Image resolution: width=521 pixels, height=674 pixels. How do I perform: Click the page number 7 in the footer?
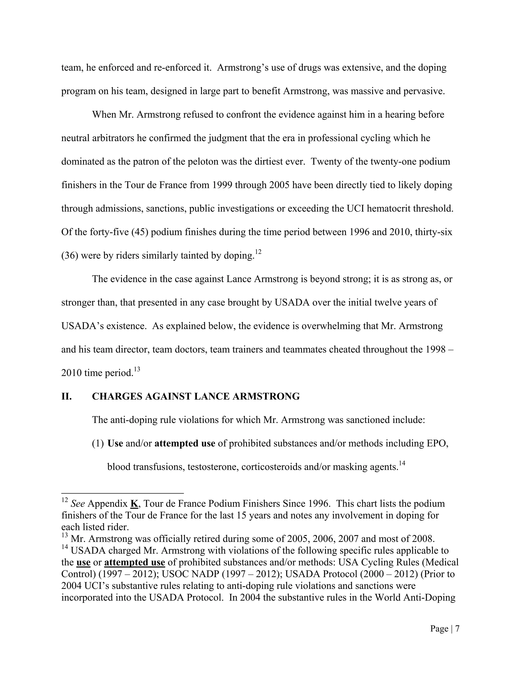click(x=457, y=629)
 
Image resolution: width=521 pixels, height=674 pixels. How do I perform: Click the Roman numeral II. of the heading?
click(x=66, y=396)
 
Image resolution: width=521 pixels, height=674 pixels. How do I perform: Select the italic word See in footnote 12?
click(x=78, y=504)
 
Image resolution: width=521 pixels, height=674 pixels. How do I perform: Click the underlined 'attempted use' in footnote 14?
click(x=135, y=562)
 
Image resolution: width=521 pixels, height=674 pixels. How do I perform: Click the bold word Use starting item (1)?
click(x=115, y=444)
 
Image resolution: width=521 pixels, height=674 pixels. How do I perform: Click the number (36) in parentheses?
click(x=70, y=256)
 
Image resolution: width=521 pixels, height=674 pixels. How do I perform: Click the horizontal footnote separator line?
click(x=123, y=493)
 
